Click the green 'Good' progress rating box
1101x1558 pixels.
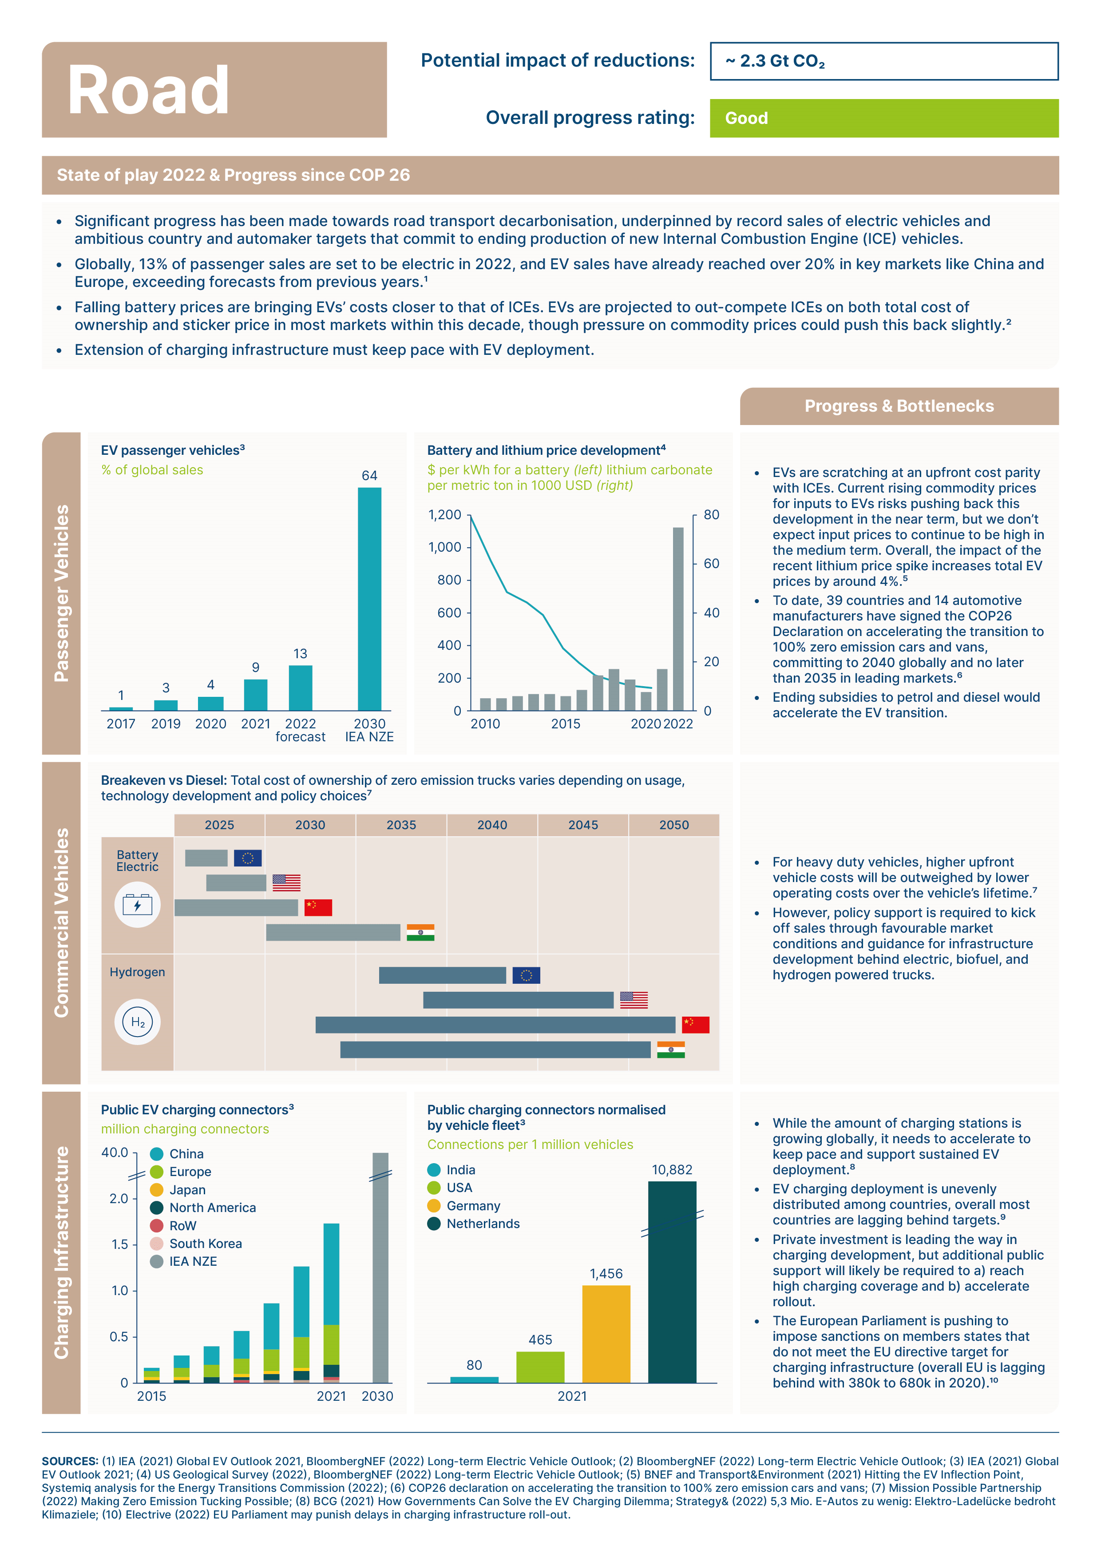(x=883, y=118)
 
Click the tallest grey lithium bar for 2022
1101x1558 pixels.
(x=678, y=619)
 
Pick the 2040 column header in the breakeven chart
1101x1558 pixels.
(x=492, y=825)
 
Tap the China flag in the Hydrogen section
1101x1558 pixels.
(x=695, y=1025)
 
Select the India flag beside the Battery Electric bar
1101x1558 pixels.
(x=420, y=932)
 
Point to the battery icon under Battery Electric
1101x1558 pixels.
(x=138, y=905)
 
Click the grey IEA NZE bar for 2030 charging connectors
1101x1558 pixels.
(x=380, y=1268)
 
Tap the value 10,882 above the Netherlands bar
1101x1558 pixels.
(x=672, y=1170)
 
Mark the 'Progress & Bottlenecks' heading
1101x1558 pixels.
(x=899, y=406)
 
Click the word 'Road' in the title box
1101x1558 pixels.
(x=148, y=90)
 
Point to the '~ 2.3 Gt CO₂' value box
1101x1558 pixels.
(x=884, y=61)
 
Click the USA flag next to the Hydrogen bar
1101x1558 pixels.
(x=634, y=1000)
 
